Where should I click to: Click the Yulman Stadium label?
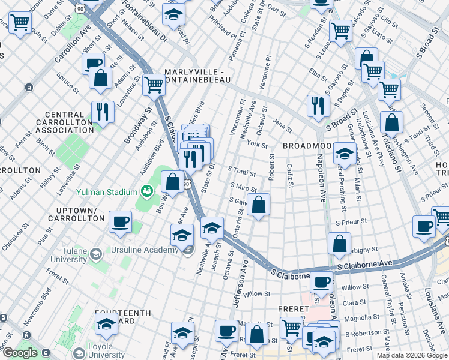[x=106, y=192]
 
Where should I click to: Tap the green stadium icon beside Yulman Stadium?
[x=145, y=191]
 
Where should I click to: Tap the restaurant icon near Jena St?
[x=316, y=106]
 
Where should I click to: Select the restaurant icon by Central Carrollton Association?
[x=103, y=112]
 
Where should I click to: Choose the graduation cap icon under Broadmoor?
[x=344, y=154]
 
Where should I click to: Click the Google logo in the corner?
[x=19, y=353]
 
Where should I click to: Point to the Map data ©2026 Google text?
[x=412, y=355]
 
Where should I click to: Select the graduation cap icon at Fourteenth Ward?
[x=106, y=325]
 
